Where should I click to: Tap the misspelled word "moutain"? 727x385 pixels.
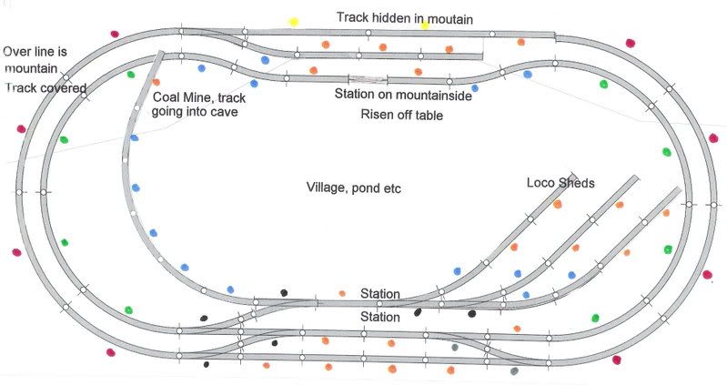(x=449, y=17)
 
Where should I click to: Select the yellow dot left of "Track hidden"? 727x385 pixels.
(x=293, y=20)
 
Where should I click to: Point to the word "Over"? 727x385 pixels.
(x=19, y=51)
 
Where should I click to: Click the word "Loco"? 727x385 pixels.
(x=541, y=183)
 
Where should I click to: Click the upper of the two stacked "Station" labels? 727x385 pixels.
(x=379, y=293)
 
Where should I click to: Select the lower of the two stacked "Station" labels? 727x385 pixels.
(x=379, y=318)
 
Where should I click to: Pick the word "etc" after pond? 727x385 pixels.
(x=392, y=188)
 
